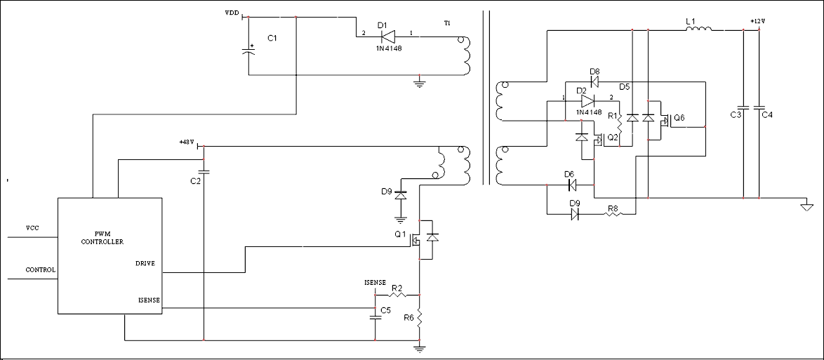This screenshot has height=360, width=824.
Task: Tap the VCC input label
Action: [x=32, y=228]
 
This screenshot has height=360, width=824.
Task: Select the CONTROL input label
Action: [x=41, y=269]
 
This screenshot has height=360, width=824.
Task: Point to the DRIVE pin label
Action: [x=145, y=263]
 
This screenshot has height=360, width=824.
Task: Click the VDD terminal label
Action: [x=232, y=11]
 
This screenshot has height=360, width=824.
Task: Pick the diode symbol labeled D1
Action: [x=387, y=36]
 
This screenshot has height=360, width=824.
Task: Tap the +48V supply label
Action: [x=187, y=142]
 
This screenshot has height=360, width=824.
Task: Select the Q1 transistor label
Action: [x=401, y=234]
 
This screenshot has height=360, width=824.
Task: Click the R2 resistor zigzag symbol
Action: [x=397, y=295]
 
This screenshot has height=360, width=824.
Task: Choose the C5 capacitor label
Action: [x=386, y=311]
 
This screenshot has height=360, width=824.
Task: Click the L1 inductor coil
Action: [x=699, y=29]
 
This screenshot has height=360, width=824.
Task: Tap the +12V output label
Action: [x=758, y=22]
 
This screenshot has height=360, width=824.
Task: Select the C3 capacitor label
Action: [x=735, y=114]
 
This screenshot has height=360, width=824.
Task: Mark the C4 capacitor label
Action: [x=766, y=114]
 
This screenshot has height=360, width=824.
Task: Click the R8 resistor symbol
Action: [x=612, y=214]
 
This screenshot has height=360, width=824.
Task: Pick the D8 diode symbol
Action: [x=595, y=81]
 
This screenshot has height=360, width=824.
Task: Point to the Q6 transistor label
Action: [x=679, y=117]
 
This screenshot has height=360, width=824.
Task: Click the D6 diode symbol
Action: [x=572, y=185]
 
